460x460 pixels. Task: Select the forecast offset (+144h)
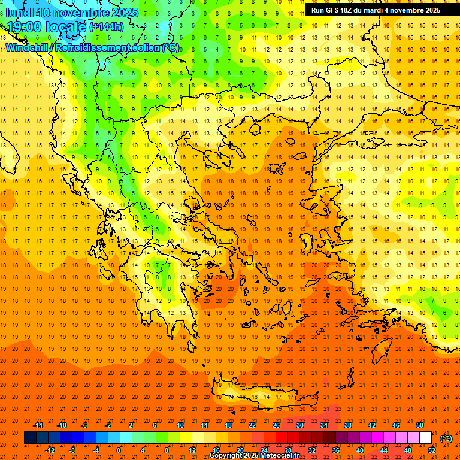point(107,27)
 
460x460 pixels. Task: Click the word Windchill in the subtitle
point(26,47)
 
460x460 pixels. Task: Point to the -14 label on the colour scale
point(38,425)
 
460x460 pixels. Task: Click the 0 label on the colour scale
point(119,450)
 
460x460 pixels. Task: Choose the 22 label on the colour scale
point(252,425)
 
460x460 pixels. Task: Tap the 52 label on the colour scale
point(431,450)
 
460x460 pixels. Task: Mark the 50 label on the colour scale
point(419,425)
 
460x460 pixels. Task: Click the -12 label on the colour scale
point(50,450)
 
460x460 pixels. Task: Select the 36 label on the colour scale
point(336,450)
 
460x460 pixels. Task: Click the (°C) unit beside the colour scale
point(446,438)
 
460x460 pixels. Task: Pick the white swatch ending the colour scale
point(425,438)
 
